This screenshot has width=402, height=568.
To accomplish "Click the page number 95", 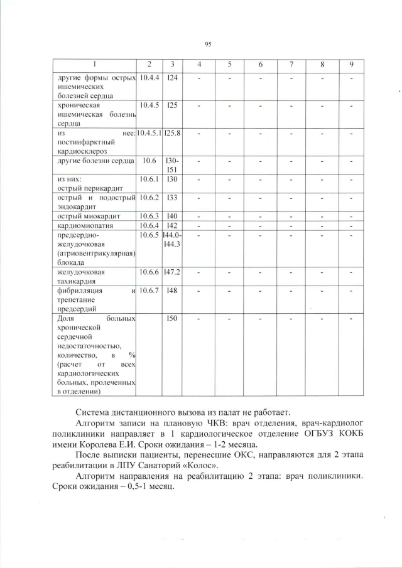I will [208, 44].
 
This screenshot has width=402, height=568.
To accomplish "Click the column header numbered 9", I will [351, 65].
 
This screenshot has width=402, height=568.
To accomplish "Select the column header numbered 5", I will [230, 65].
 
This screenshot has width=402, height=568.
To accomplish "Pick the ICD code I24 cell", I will [172, 78].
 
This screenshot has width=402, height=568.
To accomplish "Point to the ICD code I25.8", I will [172, 133].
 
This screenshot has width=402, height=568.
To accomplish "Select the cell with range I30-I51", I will [172, 165].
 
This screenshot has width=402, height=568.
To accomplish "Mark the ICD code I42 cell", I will [172, 225].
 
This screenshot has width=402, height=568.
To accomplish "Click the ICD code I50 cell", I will [172, 319].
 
